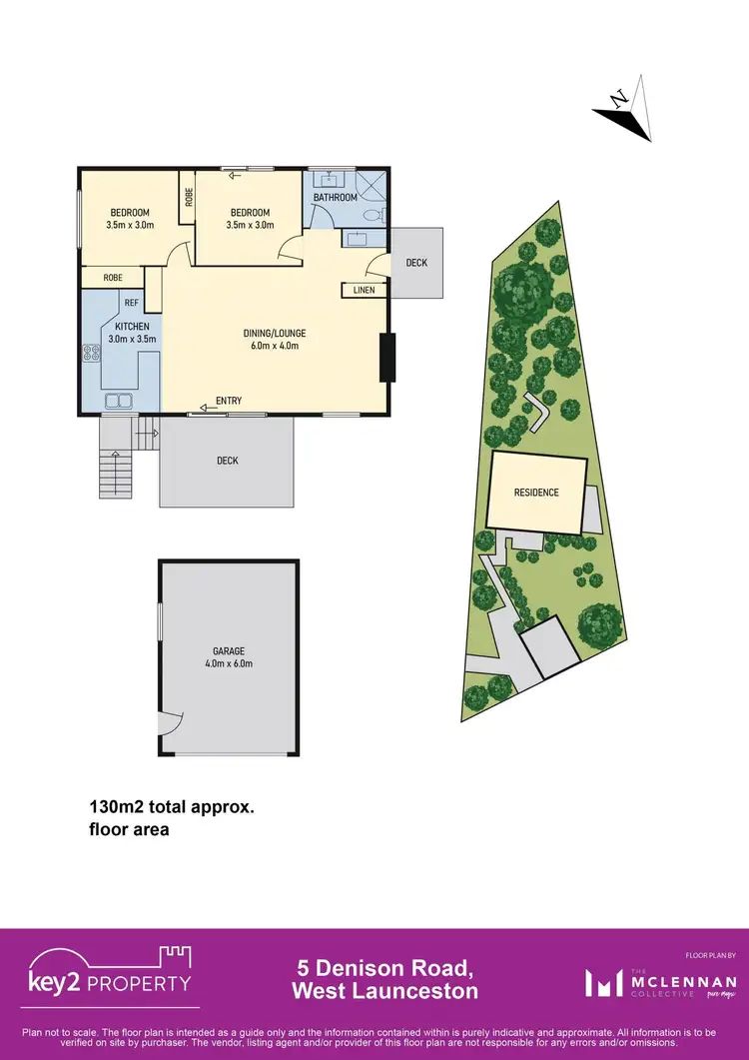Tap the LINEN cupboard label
tap(361, 290)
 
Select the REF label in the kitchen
tap(131, 303)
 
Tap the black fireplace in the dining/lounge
tap(386, 358)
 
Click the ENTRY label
tap(228, 401)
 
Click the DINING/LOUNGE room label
tap(272, 340)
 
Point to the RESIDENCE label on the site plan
tap(536, 493)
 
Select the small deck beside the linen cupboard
tap(416, 263)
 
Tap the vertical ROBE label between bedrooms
tap(188, 198)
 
